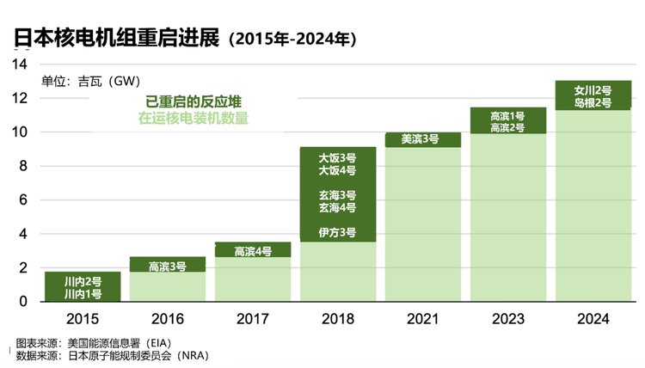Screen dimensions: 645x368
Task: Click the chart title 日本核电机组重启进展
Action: click(117, 38)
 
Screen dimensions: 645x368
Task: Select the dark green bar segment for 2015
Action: click(83, 286)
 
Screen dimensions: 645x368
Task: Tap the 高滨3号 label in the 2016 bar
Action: click(168, 267)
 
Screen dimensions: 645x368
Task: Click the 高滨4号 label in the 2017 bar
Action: click(253, 251)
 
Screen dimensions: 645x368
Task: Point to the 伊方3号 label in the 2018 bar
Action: click(337, 232)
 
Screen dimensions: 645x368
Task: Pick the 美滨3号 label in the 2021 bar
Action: click(420, 139)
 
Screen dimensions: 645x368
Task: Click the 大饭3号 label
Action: click(337, 158)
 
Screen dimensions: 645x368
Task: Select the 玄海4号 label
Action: click(337, 207)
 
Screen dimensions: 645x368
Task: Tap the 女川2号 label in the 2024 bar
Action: click(593, 90)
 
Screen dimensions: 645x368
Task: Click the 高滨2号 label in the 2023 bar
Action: click(507, 128)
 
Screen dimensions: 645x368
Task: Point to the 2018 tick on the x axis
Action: click(338, 319)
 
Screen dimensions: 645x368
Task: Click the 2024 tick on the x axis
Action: click(593, 319)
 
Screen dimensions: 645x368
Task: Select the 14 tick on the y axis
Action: click(19, 64)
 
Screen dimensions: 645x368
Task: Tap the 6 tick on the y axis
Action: click(23, 199)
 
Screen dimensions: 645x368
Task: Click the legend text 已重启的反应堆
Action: click(193, 101)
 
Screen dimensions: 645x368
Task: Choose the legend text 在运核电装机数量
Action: click(193, 118)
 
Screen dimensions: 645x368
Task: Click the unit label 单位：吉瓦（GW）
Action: click(91, 81)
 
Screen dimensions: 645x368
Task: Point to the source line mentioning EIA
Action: click(94, 343)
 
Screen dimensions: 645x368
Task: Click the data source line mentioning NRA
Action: click(113, 355)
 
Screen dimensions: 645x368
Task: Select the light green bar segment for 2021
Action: click(423, 224)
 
